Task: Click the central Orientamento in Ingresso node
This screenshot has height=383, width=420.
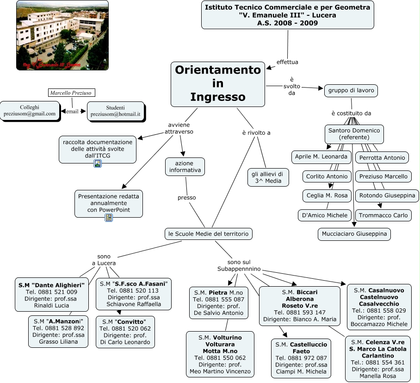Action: (x=217, y=84)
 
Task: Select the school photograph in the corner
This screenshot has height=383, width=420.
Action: (x=62, y=35)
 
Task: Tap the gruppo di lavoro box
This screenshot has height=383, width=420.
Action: (x=351, y=90)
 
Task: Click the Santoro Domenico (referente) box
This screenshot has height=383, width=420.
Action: (x=354, y=134)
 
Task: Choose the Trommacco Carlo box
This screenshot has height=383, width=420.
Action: (x=383, y=215)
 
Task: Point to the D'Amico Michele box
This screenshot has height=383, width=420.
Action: (x=324, y=215)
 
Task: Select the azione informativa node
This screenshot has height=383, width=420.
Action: (x=185, y=167)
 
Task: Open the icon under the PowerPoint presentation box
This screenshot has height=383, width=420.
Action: (x=109, y=218)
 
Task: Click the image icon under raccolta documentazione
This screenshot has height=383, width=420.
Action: (x=98, y=163)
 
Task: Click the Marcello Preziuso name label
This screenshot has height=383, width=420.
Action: (x=71, y=93)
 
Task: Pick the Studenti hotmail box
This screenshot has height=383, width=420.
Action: (x=115, y=111)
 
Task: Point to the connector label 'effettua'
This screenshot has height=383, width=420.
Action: (x=287, y=62)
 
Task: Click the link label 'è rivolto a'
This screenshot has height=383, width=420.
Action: (x=256, y=133)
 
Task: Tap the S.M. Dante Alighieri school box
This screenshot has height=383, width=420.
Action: (x=51, y=295)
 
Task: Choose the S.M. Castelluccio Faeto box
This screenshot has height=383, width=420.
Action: (x=301, y=358)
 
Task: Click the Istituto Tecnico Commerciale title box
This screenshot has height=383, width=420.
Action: (x=287, y=15)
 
